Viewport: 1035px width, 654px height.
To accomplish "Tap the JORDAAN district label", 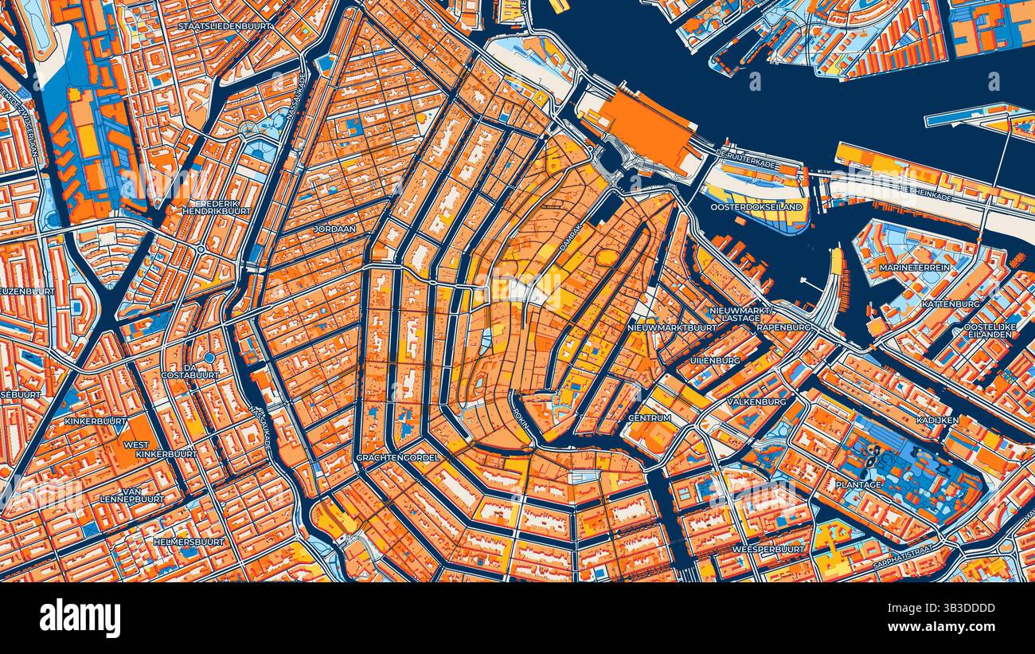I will (x=334, y=229).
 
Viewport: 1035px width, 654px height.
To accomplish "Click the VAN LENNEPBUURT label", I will (x=132, y=494).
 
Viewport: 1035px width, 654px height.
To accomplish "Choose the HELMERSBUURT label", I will (x=189, y=542).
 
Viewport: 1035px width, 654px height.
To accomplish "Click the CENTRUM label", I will (x=649, y=418).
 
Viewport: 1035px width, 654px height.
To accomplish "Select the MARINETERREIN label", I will (x=914, y=268).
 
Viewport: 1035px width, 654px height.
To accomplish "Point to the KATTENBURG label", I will (x=951, y=304).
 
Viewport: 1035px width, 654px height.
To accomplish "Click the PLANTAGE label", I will (x=858, y=484).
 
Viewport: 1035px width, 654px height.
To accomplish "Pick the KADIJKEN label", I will (x=936, y=419).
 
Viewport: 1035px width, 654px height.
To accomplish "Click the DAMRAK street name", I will (x=572, y=237).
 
